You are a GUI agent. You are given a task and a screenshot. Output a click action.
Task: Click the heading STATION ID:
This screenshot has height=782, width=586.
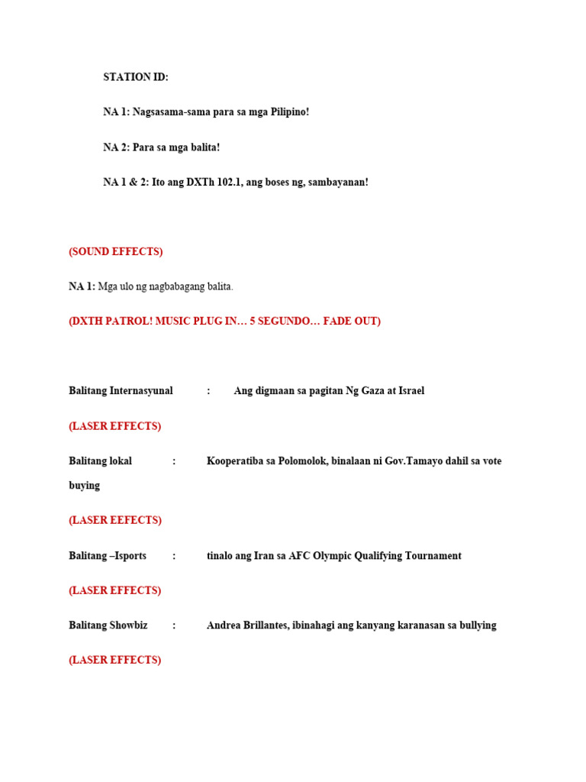click(136, 77)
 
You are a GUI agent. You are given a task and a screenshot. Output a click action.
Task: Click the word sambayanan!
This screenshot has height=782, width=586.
click(337, 183)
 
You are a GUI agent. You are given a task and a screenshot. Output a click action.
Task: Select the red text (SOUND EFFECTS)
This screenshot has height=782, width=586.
click(116, 252)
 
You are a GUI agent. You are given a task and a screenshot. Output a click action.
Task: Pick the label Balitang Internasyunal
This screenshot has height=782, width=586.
click(121, 391)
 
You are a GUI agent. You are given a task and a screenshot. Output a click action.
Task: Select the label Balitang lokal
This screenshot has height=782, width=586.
click(100, 461)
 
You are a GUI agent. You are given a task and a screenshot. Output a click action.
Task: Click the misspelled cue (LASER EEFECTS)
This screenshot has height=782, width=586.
click(115, 520)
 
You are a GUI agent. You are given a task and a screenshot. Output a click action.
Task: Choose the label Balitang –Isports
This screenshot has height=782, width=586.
click(108, 556)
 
